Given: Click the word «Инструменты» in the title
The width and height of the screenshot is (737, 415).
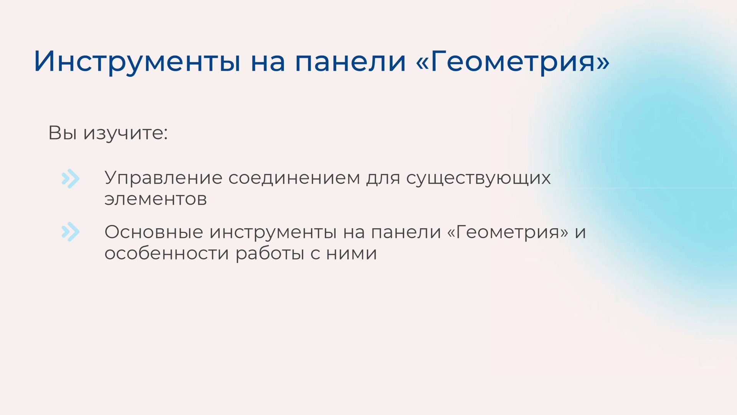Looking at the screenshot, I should tap(137, 61).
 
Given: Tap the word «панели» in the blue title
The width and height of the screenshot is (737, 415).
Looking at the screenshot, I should tap(350, 61).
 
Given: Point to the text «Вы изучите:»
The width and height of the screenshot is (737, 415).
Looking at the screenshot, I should tap(108, 133).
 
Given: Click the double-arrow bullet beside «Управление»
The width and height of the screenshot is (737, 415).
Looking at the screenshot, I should tap(71, 179).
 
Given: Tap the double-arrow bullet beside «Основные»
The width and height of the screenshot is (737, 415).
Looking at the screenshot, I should tap(71, 232).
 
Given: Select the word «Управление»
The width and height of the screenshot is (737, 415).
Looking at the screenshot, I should tap(163, 178).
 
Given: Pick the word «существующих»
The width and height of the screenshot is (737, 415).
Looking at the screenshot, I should tap(478, 178).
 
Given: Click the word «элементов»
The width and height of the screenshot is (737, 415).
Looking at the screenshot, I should tap(155, 199).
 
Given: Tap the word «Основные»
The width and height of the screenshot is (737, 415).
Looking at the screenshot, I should tap(154, 232).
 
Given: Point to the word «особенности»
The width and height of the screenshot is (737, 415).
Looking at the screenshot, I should tap(166, 253).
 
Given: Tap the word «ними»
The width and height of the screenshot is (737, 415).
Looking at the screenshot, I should tap(351, 254).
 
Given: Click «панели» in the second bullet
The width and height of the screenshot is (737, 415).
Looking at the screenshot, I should tap(406, 232).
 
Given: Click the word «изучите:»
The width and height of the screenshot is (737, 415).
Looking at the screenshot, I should tap(126, 133).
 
